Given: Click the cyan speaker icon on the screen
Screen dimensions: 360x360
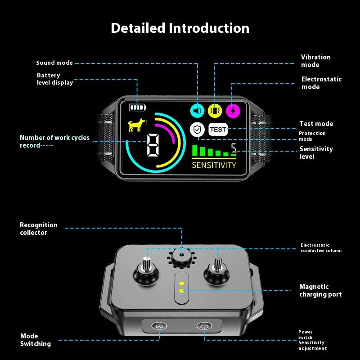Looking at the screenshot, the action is [197, 110].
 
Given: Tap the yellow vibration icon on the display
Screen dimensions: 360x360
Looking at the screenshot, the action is [215, 110].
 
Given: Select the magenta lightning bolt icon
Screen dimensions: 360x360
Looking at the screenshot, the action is [233, 110].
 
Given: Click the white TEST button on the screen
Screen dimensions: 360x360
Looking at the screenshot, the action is [218, 130].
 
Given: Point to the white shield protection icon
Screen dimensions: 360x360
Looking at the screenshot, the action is [197, 130].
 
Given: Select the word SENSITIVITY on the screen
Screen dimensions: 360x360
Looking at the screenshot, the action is [214, 165].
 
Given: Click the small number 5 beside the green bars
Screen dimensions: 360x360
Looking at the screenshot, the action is [234, 148].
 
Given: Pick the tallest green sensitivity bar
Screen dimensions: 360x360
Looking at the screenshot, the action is [195, 150].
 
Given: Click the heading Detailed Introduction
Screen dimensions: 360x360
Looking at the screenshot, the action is [180, 28].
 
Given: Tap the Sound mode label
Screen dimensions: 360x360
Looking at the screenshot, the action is [54, 63].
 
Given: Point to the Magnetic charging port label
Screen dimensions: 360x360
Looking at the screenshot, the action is [320, 290].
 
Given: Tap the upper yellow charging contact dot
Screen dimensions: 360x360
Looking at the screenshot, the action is [181, 284].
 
